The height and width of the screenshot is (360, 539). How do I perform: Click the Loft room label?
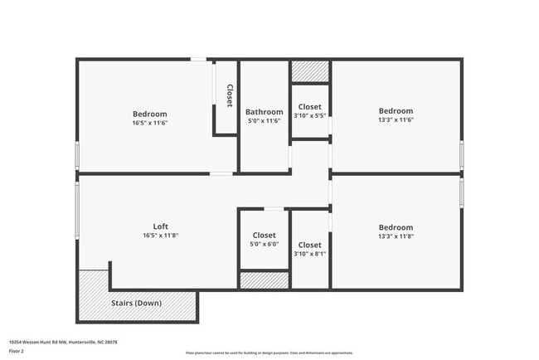coord(160,226)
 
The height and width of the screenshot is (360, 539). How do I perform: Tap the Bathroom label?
coord(264,112)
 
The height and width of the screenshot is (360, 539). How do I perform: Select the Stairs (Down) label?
coord(137,303)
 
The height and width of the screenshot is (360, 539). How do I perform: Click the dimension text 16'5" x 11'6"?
coord(149,123)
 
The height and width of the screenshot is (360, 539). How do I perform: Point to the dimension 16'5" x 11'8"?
coord(160,236)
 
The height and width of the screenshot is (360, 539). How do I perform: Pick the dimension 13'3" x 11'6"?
coord(396,119)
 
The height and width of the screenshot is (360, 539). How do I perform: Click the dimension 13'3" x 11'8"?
coord(396,236)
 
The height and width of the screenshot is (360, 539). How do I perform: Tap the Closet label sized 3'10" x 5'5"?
coord(309,107)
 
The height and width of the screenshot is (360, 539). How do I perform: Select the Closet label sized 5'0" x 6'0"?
coord(264,236)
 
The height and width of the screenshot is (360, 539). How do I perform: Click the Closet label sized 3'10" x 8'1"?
coord(309,245)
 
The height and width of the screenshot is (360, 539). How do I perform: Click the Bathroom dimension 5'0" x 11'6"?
coord(264,122)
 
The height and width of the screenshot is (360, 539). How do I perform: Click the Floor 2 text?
coord(16,351)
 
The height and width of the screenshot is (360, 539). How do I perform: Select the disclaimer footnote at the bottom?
coord(269,353)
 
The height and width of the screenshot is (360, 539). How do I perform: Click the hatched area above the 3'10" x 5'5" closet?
coord(310,71)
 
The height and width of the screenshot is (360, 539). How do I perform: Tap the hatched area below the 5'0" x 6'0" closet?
coord(264,280)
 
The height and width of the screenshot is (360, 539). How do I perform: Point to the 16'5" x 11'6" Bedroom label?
coord(149,114)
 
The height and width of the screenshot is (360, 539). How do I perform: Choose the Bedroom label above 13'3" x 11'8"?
coord(396,227)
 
